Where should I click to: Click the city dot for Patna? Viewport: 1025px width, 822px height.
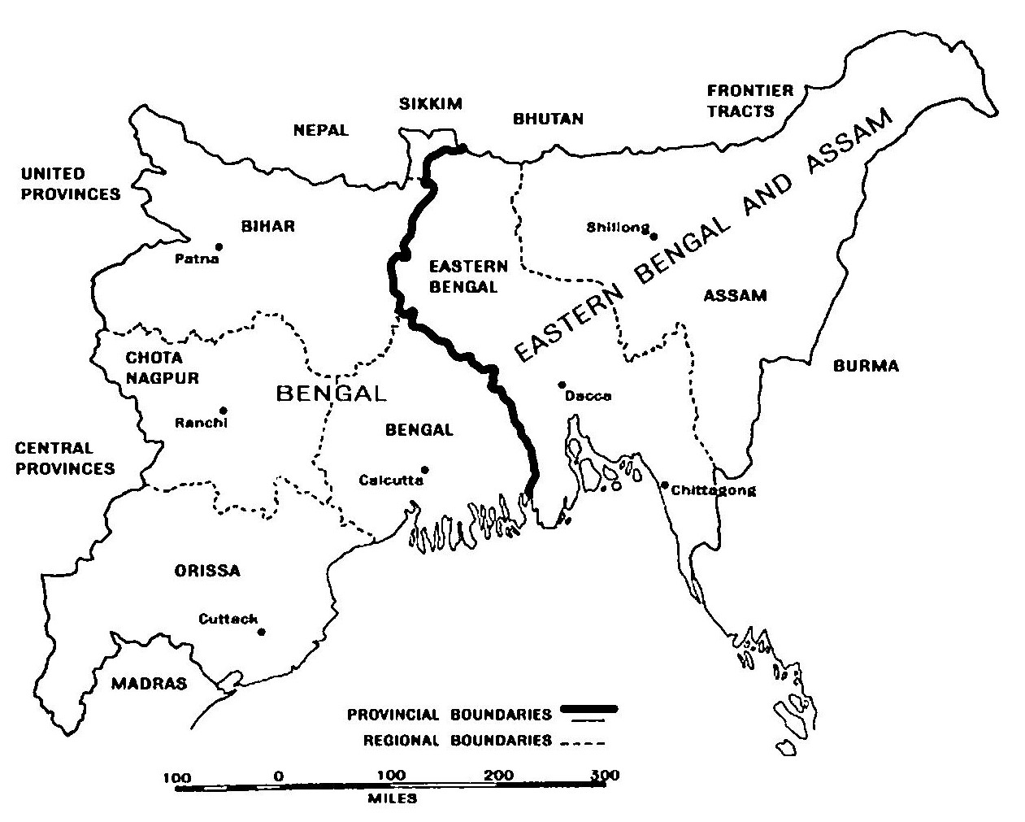219,246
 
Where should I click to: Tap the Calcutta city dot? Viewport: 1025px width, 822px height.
424,469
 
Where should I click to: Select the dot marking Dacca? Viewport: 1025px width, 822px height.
561,385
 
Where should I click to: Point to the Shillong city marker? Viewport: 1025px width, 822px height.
654,236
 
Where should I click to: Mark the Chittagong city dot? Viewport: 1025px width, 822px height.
664,485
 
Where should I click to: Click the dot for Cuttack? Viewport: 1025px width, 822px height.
262,631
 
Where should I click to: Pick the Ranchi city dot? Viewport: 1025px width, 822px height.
224,411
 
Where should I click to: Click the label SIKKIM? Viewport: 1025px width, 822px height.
431,103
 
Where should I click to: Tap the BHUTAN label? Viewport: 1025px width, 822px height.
548,119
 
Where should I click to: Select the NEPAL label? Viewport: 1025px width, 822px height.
321,130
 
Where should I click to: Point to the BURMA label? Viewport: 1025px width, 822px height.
866,366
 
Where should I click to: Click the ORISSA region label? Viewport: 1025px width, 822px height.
207,570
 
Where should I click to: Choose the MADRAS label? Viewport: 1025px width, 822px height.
149,683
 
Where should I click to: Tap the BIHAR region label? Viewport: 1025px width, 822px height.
267,226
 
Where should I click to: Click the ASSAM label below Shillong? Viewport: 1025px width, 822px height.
736,295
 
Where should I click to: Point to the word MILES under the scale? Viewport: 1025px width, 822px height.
392,798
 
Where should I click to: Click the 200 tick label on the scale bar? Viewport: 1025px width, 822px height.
498,775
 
